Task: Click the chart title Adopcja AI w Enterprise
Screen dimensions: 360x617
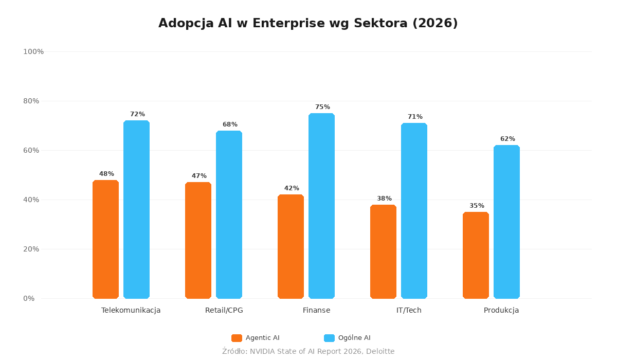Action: pyautogui.click(x=308, y=24)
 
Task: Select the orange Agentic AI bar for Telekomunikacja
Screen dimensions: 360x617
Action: pyautogui.click(x=105, y=239)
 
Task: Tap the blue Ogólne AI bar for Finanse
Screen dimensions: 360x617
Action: pyautogui.click(x=321, y=206)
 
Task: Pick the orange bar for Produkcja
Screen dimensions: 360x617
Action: pyautogui.click(x=476, y=255)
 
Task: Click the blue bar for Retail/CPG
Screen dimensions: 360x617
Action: pyautogui.click(x=229, y=214)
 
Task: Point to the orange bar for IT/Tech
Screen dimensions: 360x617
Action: pyautogui.click(x=383, y=251)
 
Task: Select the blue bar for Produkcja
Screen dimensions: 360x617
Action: pyautogui.click(x=506, y=222)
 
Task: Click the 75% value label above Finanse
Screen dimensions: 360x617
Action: pyautogui.click(x=322, y=107)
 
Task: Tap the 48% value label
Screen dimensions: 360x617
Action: pyautogui.click(x=106, y=174)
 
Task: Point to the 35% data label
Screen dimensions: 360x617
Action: pyautogui.click(x=477, y=206)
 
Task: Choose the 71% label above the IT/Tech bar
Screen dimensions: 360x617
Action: pyautogui.click(x=415, y=117)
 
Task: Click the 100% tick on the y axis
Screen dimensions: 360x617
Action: pyautogui.click(x=33, y=51)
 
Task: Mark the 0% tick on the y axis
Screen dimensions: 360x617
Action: pyautogui.click(x=29, y=298)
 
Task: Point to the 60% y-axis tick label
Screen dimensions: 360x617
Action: pyautogui.click(x=31, y=150)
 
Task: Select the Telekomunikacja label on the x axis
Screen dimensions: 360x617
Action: pyautogui.click(x=131, y=311)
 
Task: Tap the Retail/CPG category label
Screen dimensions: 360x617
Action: pyautogui.click(x=224, y=311)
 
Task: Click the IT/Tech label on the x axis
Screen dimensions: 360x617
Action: pyautogui.click(x=409, y=311)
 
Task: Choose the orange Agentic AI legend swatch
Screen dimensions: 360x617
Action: pyautogui.click(x=237, y=338)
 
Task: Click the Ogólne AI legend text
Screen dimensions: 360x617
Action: pyautogui.click(x=354, y=338)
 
